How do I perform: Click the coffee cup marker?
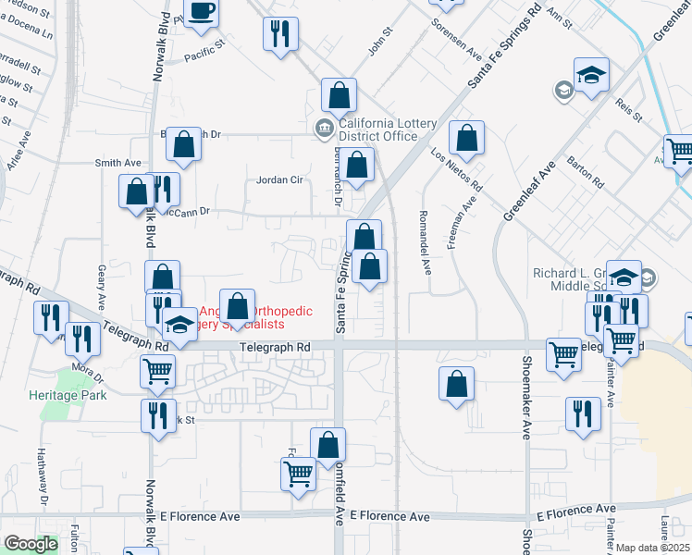click(201, 12)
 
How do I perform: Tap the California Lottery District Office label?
click(377, 129)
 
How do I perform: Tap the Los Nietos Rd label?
click(458, 170)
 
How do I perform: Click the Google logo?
click(31, 544)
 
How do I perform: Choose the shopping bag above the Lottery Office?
click(340, 95)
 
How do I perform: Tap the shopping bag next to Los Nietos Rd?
click(467, 138)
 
